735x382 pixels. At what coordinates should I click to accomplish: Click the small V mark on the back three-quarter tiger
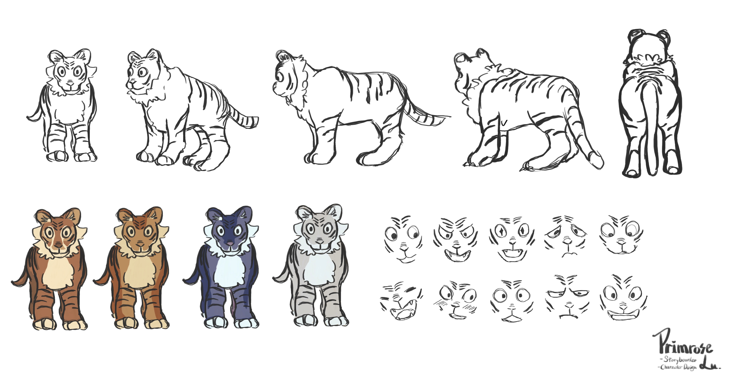pos(504,123)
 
